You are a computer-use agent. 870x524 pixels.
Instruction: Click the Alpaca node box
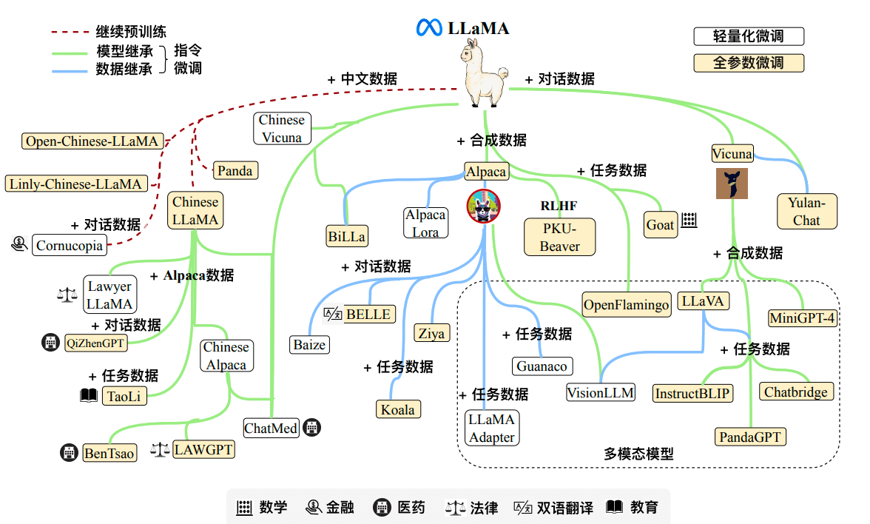[486, 172]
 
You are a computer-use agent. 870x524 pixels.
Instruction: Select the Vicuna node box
[732, 154]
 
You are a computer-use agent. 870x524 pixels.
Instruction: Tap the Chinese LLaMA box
[195, 211]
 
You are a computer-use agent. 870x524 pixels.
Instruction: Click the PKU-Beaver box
[559, 237]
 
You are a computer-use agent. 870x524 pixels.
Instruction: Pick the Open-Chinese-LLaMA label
[92, 141]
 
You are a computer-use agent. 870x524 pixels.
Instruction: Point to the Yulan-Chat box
[806, 211]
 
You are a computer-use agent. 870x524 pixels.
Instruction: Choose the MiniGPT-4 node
[803, 318]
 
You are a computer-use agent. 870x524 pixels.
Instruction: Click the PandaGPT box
[750, 437]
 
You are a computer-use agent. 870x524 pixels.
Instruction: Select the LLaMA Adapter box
[491, 429]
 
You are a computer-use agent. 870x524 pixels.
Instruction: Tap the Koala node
[397, 409]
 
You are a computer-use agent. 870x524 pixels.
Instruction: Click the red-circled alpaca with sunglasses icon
[483, 206]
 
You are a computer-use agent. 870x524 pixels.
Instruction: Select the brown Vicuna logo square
[732, 184]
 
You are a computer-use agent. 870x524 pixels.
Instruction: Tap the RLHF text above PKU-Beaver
[559, 206]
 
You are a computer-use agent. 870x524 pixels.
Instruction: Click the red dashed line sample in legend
[71, 33]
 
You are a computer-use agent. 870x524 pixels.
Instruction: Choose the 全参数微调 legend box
[748, 63]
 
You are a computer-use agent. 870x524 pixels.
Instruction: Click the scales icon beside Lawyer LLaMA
[67, 295]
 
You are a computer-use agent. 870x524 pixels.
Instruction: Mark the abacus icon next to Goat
[689, 221]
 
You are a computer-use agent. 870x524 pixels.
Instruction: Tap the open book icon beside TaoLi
[89, 396]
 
